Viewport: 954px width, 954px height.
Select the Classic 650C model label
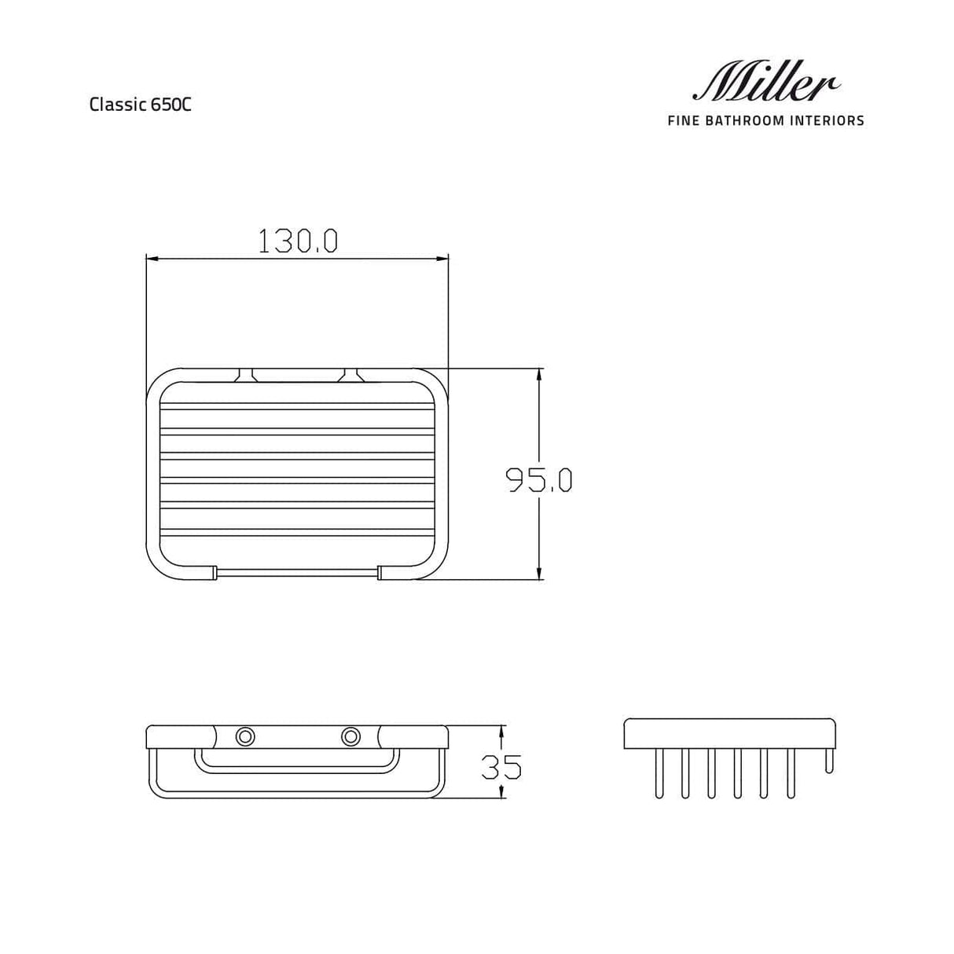(x=140, y=105)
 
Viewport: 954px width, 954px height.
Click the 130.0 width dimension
(x=298, y=241)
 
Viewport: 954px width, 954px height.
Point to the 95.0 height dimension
(x=539, y=479)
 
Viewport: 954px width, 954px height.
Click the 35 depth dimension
(x=501, y=766)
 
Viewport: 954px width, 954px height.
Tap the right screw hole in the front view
(x=350, y=736)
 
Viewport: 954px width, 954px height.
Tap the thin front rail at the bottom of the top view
(x=297, y=573)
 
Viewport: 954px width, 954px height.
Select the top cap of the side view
(x=729, y=732)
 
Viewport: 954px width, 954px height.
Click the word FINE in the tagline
(x=682, y=121)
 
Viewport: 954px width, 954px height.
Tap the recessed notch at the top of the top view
(x=297, y=375)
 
